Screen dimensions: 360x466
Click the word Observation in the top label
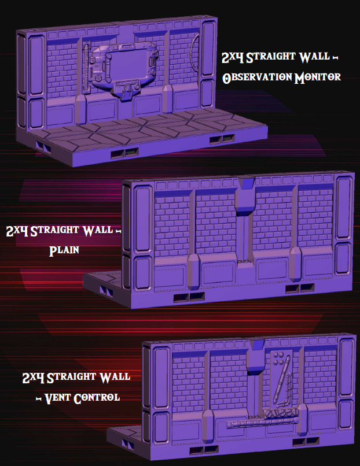point(258,77)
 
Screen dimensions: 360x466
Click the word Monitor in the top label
point(317,77)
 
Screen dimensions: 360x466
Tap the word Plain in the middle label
point(64,250)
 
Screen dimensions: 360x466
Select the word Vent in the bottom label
point(57,398)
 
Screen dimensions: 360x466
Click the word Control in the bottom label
point(97,398)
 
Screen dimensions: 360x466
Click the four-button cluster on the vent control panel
point(278,358)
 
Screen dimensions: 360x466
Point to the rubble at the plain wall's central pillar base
point(245,261)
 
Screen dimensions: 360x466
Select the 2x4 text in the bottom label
point(34,378)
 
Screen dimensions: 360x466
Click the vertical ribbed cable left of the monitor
point(86,69)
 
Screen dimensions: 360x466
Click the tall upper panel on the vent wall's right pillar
point(346,368)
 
